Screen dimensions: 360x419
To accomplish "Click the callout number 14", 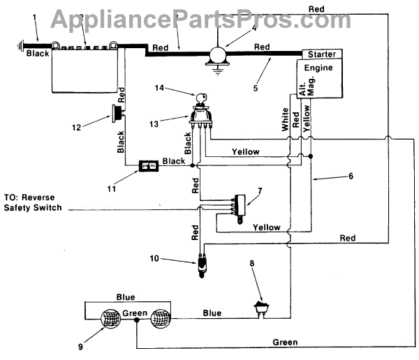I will click(159, 88).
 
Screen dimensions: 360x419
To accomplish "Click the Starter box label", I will click(321, 54).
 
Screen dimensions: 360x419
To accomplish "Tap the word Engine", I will click(318, 68).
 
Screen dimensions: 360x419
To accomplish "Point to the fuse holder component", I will click(147, 166).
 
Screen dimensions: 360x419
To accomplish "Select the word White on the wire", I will click(285, 119).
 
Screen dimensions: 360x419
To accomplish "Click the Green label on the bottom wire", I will click(285, 343).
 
